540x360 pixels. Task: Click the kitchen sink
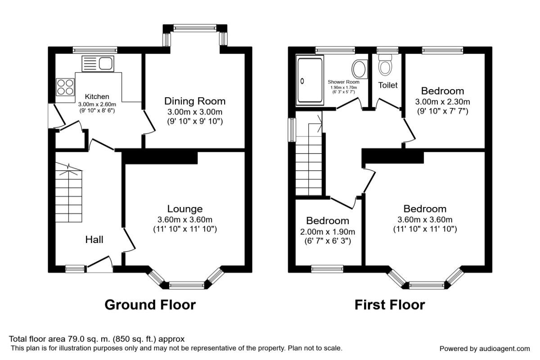pos(98,63)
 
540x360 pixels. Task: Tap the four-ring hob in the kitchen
pos(65,87)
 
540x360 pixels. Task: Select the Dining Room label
pos(195,101)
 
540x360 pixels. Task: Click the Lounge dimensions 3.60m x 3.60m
pos(185,220)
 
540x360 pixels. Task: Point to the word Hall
pos(94,239)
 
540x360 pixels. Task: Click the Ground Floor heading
pos(150,305)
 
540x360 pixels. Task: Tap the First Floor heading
pos(390,305)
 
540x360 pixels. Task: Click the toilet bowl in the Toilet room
pos(385,65)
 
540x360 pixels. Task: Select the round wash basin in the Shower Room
pos(360,69)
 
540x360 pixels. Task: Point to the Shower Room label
pos(343,82)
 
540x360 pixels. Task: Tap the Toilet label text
pos(388,85)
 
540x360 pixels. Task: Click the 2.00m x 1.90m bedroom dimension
pos(328,232)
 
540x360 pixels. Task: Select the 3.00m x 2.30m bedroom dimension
pos(443,102)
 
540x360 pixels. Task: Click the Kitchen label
pos(97,96)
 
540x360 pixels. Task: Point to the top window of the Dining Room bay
pos(195,28)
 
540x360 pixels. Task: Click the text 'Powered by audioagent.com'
pos(485,349)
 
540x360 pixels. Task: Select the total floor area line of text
pos(97,339)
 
